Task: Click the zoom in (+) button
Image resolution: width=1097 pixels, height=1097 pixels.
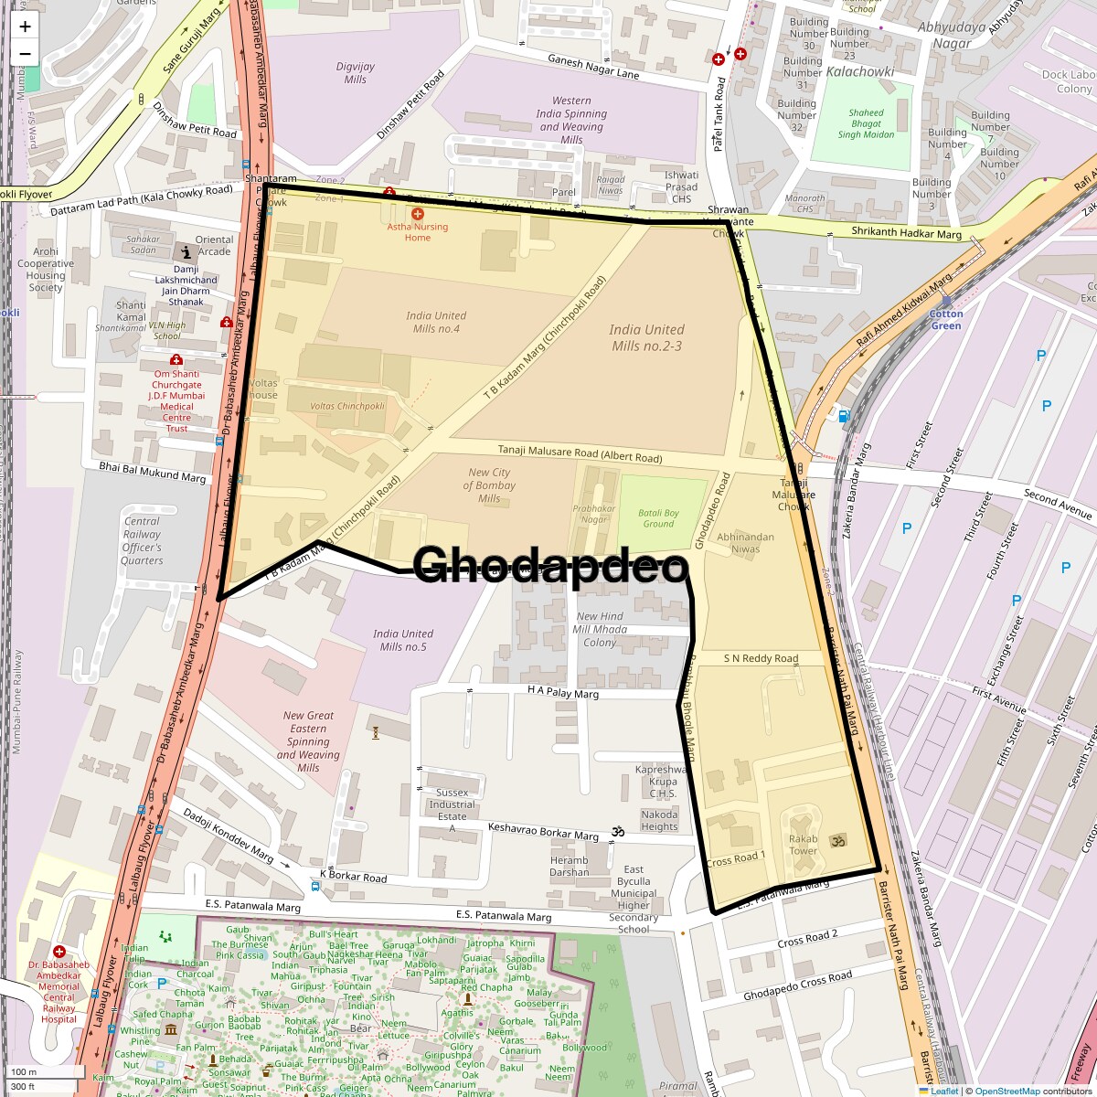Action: tap(25, 27)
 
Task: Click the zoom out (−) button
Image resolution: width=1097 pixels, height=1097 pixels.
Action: tap(25, 53)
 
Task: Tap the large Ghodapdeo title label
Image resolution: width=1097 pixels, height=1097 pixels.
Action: tap(550, 565)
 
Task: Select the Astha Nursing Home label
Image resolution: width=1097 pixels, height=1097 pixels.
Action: tap(418, 231)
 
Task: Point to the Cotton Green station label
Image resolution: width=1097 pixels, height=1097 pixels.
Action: tap(946, 320)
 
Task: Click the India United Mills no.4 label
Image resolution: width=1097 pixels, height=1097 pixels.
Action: tap(436, 322)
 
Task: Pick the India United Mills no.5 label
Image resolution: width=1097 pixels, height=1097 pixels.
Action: tap(403, 640)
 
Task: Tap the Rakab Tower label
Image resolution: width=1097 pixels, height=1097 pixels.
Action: tap(803, 845)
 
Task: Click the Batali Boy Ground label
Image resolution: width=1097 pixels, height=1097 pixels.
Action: tap(658, 518)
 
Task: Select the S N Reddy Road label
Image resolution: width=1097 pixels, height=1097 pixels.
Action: tap(761, 658)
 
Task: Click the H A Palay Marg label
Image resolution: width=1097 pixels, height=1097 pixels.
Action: tap(563, 694)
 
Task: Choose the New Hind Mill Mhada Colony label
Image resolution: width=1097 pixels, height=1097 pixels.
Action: tap(600, 629)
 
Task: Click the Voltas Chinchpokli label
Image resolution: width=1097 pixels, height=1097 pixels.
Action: tap(347, 406)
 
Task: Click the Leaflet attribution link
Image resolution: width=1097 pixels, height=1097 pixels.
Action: tap(944, 1091)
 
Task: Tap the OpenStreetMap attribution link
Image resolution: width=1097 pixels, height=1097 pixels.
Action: tap(1006, 1091)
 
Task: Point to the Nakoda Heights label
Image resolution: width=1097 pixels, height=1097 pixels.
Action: tap(659, 820)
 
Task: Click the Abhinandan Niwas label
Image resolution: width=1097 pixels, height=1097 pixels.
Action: tap(745, 543)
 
